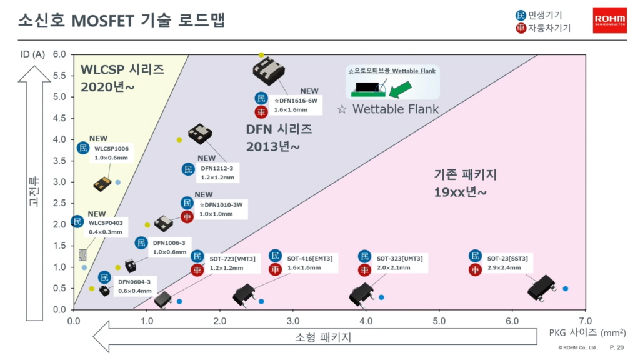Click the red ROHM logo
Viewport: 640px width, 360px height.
tap(610, 20)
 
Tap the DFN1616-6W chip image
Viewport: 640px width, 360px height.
tap(269, 71)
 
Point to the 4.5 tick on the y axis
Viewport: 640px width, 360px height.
tap(59, 118)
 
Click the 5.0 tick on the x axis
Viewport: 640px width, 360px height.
tap(439, 321)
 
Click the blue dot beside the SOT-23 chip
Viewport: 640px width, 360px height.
tap(565, 289)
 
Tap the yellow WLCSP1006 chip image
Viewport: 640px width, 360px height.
tap(102, 184)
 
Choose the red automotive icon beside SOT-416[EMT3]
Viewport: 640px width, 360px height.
tap(275, 269)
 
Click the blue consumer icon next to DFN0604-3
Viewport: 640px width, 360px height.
tap(104, 277)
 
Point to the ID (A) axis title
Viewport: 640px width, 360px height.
tap(32, 54)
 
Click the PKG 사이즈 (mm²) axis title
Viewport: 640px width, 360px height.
tap(587, 332)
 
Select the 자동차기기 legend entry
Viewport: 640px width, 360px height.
tap(543, 28)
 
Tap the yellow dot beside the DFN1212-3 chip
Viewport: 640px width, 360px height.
tap(179, 139)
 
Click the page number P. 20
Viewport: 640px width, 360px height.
tap(617, 347)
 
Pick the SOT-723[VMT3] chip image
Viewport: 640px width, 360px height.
tap(163, 299)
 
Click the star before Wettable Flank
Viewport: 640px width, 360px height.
tap(342, 109)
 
